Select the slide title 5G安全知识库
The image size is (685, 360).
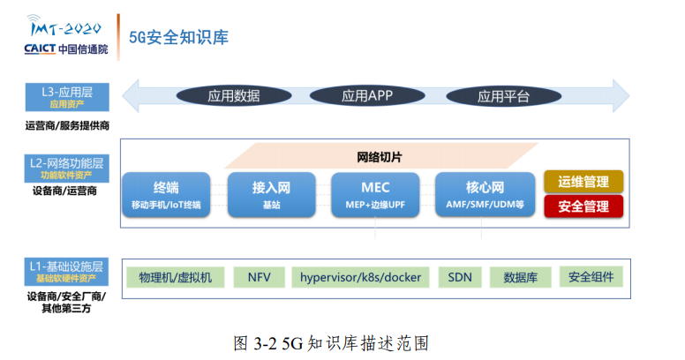[x=178, y=37]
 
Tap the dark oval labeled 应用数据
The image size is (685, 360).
[x=234, y=95]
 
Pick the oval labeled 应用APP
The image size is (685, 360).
[x=367, y=95]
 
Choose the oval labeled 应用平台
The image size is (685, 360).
[x=503, y=96]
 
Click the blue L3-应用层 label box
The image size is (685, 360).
[x=67, y=97]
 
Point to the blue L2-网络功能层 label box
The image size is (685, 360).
[x=67, y=169]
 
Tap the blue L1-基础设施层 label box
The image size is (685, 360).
[x=66, y=271]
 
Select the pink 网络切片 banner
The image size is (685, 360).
[x=380, y=156]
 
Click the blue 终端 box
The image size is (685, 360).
[x=166, y=194]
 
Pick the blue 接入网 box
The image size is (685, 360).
[x=271, y=194]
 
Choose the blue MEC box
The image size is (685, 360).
[x=375, y=194]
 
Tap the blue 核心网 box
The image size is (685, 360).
[x=485, y=194]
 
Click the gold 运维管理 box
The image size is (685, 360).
[x=583, y=182]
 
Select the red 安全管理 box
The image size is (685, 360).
[x=583, y=206]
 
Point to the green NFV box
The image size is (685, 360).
[x=259, y=277]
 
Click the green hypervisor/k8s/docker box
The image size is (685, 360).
[x=360, y=277]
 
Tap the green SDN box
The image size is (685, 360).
[x=460, y=277]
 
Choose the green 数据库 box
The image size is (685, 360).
[x=520, y=277]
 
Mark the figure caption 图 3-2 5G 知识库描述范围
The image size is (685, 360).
[x=331, y=343]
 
